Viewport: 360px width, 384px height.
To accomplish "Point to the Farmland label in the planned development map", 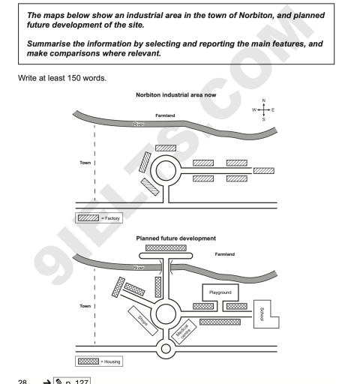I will click(224, 254).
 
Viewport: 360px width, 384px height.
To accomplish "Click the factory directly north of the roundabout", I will click(166, 148).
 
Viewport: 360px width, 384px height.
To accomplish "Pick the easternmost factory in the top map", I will click(264, 170).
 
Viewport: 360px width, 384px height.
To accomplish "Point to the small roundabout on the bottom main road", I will click(166, 347).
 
